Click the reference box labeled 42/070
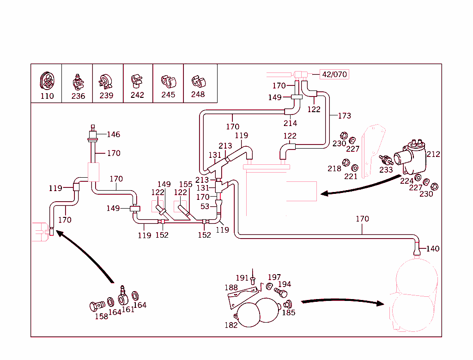point(334,74)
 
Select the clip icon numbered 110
point(47,81)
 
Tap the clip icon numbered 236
point(78,82)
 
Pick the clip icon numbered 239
point(106,82)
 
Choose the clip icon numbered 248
point(199,81)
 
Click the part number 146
point(113,135)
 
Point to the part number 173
point(344,116)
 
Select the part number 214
point(290,123)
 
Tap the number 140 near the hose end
point(433,249)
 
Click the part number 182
point(231,325)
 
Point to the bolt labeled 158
point(96,306)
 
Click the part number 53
point(205,206)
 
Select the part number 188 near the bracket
point(231,288)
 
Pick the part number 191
point(242,278)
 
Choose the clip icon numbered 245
point(168,81)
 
